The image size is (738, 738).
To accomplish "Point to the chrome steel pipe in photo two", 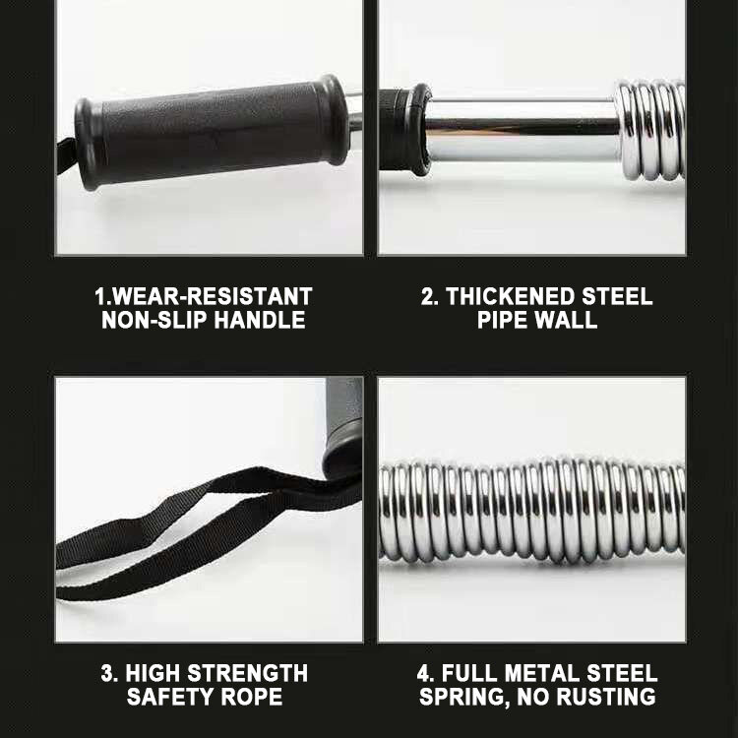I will click(522, 128).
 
